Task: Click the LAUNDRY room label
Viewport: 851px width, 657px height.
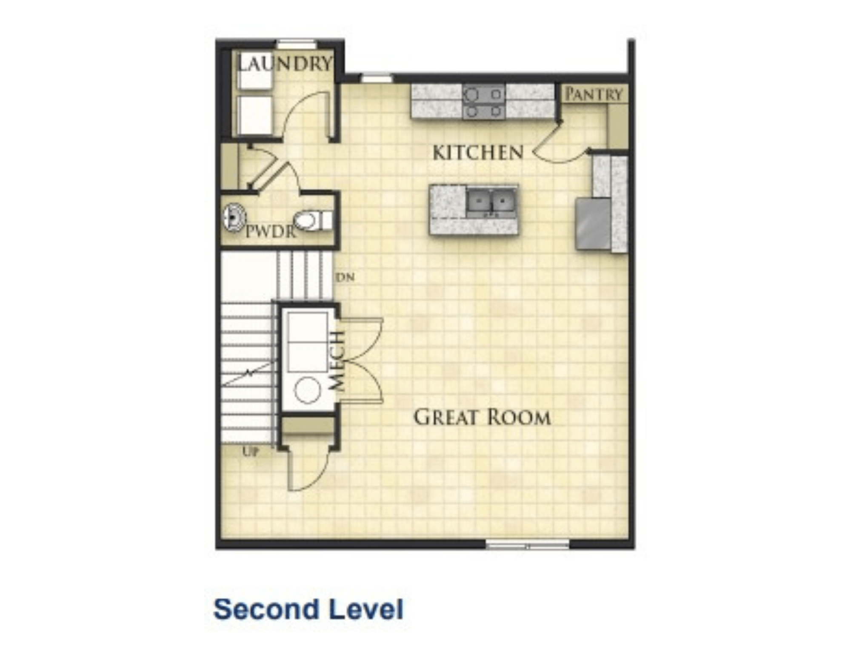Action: (284, 64)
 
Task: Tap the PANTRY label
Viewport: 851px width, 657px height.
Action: (594, 94)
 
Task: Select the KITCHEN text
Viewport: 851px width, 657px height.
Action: (478, 153)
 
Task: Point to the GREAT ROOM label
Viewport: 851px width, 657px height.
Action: (482, 417)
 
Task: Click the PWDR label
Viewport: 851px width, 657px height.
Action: (271, 232)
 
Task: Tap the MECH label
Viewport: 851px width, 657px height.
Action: (337, 361)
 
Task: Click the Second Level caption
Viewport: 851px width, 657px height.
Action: (308, 609)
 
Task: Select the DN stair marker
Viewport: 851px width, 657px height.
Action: (346, 278)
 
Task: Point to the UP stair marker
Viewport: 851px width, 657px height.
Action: (251, 452)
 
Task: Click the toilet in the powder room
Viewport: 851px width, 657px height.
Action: (313, 221)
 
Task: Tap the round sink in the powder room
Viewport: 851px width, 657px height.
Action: (234, 218)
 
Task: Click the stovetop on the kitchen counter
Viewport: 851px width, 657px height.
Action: (483, 101)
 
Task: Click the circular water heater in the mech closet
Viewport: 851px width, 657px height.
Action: (307, 390)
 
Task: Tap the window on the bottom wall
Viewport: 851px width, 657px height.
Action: (527, 544)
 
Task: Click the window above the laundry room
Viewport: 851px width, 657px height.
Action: (297, 44)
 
